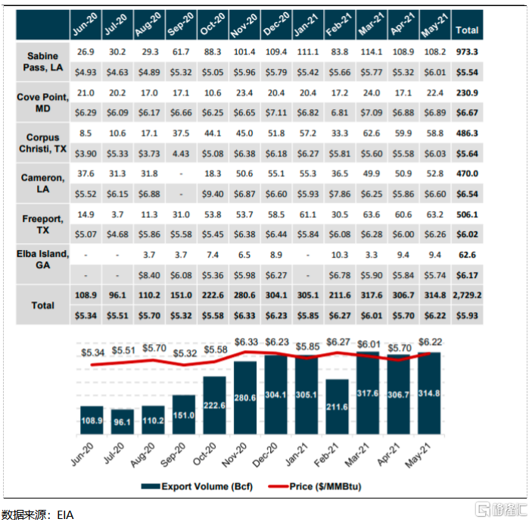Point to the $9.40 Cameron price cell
(214, 194)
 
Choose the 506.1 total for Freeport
(466, 214)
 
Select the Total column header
(466, 30)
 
